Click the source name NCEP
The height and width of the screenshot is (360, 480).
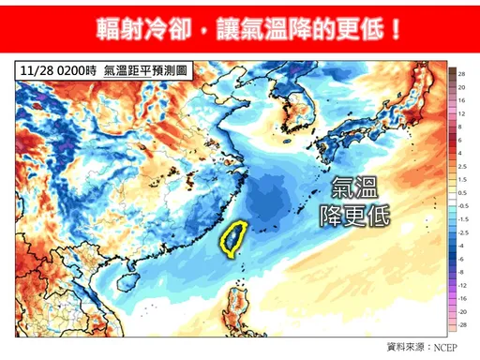coord(451,348)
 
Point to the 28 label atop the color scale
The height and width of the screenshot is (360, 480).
coord(463,72)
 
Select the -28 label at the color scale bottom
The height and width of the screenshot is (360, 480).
coord(463,323)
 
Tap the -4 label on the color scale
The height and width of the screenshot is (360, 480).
coord(463,245)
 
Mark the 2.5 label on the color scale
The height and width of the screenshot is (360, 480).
coord(463,165)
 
